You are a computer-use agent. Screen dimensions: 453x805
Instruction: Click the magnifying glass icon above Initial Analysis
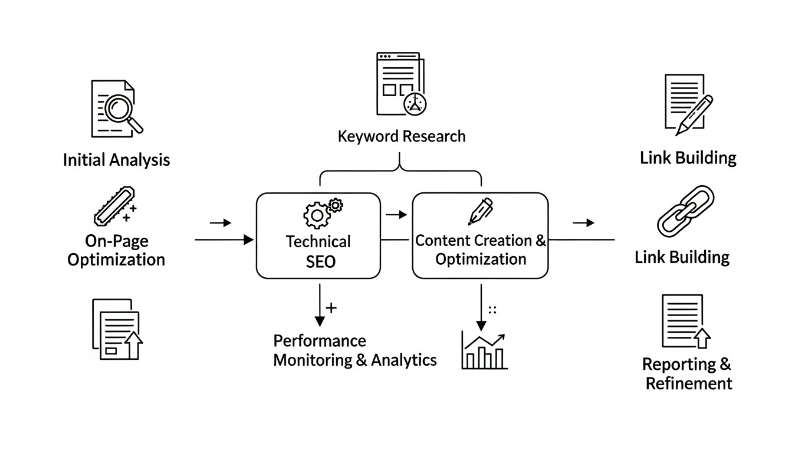pos(118,109)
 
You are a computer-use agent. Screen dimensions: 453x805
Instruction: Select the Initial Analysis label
pos(116,160)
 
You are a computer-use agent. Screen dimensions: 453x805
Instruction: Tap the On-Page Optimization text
pos(116,250)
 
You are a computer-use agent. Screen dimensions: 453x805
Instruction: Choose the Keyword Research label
pos(402,136)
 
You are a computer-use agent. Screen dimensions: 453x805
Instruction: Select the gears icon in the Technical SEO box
pos(322,212)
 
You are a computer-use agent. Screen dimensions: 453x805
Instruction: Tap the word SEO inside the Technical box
pos(320,261)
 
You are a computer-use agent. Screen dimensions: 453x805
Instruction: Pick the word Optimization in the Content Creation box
pos(481,259)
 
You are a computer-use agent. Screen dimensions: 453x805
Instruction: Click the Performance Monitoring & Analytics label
pos(354,350)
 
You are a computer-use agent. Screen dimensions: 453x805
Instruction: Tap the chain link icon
pos(685,209)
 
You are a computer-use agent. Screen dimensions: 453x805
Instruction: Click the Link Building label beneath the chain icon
pos(682,257)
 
